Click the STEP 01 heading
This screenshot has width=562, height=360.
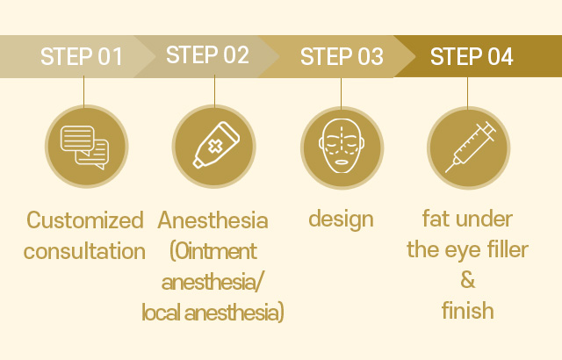click(82, 56)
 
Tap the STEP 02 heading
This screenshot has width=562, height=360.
click(207, 54)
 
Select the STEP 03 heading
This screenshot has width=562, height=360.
click(342, 56)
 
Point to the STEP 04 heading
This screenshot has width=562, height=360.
click(472, 56)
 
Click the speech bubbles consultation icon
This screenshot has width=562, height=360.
click(85, 147)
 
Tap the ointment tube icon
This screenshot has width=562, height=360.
click(217, 145)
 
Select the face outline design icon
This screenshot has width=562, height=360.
click(342, 146)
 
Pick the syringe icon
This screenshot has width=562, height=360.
click(471, 147)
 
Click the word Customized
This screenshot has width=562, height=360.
click(85, 220)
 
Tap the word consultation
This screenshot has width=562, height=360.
click(84, 251)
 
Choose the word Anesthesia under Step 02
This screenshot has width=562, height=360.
click(213, 220)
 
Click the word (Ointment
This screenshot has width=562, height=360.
click(213, 251)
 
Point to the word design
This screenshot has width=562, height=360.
click(342, 220)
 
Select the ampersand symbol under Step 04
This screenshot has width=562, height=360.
click(468, 280)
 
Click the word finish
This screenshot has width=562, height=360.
click(468, 310)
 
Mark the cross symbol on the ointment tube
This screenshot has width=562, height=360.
click(215, 147)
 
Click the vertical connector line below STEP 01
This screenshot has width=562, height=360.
click(84, 91)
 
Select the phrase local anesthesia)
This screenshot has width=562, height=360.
click(213, 313)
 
